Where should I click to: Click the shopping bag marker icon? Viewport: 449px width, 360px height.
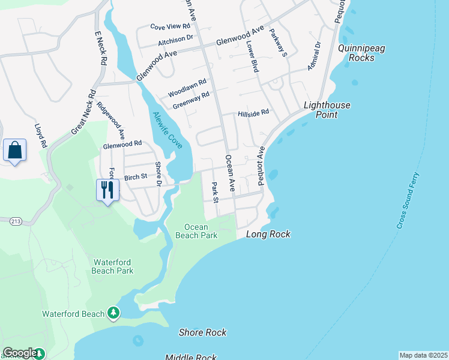tap(14, 151)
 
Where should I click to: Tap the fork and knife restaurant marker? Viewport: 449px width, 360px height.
tap(107, 190)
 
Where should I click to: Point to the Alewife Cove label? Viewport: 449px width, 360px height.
tap(167, 130)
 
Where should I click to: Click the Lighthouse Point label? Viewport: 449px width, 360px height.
tap(327, 110)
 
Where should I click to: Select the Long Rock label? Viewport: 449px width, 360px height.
tap(268, 235)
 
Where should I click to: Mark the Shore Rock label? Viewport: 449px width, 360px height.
tap(203, 332)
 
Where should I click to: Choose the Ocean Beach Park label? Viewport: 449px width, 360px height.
tap(196, 231)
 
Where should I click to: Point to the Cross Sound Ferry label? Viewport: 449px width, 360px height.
tap(409, 201)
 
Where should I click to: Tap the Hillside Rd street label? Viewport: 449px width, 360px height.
tap(253, 112)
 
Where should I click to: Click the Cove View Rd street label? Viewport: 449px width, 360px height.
tap(170, 27)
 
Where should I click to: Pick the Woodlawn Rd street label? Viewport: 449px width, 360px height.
tap(187, 88)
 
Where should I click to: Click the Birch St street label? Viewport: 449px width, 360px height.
tap(135, 177)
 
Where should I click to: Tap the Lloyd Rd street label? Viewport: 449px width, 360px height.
tap(41, 136)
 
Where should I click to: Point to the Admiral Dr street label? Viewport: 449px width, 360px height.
tap(315, 56)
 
